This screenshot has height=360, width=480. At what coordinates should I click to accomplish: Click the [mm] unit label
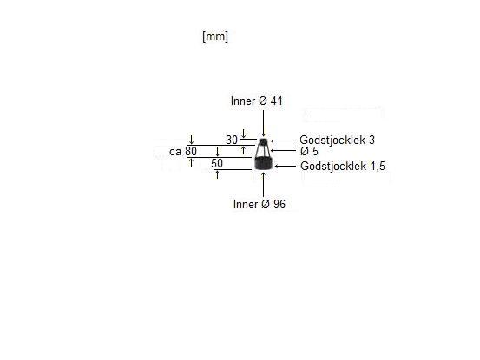pyautogui.click(x=215, y=36)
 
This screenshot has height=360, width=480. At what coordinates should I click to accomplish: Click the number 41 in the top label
pyautogui.click(x=276, y=101)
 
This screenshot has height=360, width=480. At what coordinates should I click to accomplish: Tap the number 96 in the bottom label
pyautogui.click(x=279, y=204)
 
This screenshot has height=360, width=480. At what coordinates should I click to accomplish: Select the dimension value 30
pyautogui.click(x=232, y=140)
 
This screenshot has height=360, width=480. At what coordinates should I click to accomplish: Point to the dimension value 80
pyautogui.click(x=191, y=151)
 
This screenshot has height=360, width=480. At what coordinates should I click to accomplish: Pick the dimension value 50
pyautogui.click(x=217, y=163)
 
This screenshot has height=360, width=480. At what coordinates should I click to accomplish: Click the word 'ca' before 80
pyautogui.click(x=175, y=152)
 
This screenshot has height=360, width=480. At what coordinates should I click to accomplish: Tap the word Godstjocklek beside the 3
pyautogui.click(x=332, y=140)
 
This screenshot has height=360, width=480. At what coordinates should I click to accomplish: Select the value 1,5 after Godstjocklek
pyautogui.click(x=378, y=167)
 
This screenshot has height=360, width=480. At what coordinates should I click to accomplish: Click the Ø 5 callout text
pyautogui.click(x=309, y=151)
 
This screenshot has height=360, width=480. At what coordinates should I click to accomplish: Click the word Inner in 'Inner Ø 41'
pyautogui.click(x=243, y=101)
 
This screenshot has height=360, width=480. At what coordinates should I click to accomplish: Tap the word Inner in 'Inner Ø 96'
pyautogui.click(x=245, y=204)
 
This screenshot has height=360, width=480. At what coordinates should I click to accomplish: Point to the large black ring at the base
pyautogui.click(x=264, y=163)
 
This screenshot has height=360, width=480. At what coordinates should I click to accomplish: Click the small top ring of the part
pyautogui.click(x=263, y=141)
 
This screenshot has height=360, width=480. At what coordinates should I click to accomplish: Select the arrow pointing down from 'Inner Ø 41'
pyautogui.click(x=263, y=123)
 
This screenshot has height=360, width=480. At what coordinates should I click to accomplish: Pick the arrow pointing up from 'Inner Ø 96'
pyautogui.click(x=263, y=185)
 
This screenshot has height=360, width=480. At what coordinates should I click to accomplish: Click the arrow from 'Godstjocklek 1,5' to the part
pyautogui.click(x=286, y=166)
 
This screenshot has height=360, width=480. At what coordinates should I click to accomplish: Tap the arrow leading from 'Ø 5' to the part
pyautogui.click(x=284, y=150)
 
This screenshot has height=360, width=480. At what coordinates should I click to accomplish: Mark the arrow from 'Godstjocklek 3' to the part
pyautogui.click(x=284, y=141)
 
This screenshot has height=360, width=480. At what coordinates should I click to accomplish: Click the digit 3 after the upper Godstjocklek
pyautogui.click(x=372, y=140)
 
